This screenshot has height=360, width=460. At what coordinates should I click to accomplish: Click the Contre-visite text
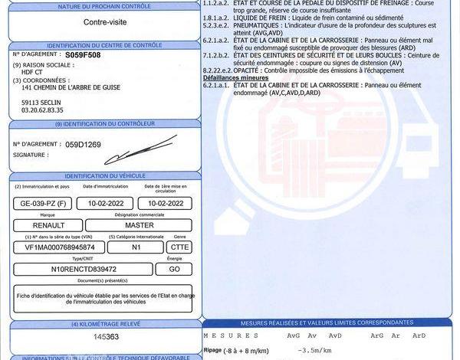(106, 23)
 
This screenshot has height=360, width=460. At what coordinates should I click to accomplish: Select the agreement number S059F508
(84, 56)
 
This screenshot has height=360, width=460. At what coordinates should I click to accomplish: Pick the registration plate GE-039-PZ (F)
(43, 204)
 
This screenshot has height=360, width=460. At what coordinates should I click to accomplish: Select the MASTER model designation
(139, 225)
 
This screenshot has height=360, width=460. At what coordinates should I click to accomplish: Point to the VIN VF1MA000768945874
(60, 247)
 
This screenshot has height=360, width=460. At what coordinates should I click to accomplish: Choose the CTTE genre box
(179, 247)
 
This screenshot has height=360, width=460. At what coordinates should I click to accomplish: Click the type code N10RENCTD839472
(83, 270)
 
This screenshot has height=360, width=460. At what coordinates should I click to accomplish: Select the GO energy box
(174, 270)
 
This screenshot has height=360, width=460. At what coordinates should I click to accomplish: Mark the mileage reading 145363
(106, 337)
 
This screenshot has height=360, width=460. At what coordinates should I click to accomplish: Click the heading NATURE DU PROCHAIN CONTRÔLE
(106, 6)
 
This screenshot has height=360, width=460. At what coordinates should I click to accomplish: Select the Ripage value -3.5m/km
(311, 350)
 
